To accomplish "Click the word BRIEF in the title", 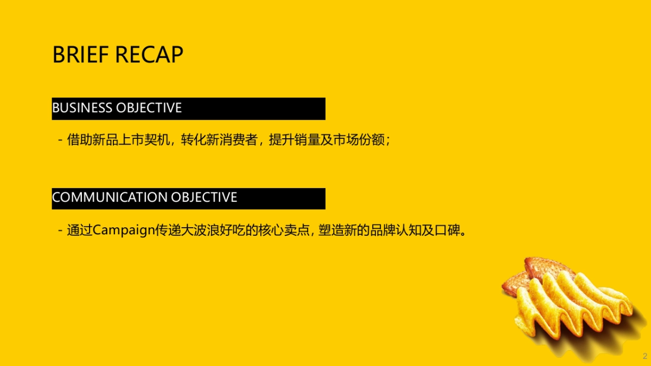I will [x=80, y=55].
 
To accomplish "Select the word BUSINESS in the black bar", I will [x=82, y=108].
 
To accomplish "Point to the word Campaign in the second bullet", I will [x=124, y=230].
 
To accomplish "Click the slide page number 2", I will [x=645, y=356].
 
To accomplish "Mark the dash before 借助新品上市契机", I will [x=60, y=140].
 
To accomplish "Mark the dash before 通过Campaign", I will [x=60, y=230].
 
